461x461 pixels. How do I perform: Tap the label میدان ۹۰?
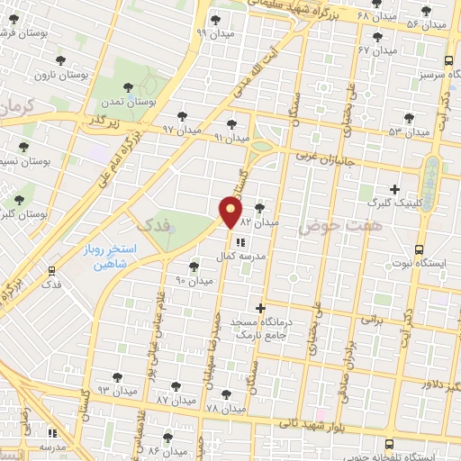tap(194, 281)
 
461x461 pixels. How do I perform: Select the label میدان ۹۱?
tap(230, 138)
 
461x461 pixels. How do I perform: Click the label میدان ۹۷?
tap(180, 130)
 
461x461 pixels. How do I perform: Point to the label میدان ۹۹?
tap(214, 32)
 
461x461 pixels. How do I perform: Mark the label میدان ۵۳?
tap(407, 131)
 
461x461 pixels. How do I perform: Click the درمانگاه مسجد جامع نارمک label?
tap(261, 328)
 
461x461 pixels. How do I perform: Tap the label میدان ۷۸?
tap(224, 408)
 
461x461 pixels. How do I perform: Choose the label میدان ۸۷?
tap(175, 398)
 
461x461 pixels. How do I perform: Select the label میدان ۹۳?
tap(114, 390)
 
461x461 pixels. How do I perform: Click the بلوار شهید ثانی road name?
tap(296, 420)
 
